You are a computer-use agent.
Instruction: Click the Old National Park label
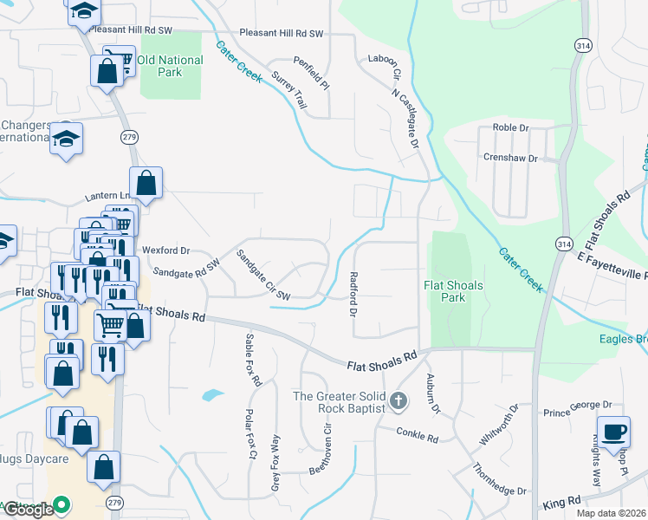click(170, 66)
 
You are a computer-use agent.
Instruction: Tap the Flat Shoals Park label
click(452, 291)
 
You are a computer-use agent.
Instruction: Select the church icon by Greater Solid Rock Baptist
click(399, 400)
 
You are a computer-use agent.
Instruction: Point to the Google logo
click(27, 510)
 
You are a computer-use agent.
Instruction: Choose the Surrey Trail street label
click(288, 89)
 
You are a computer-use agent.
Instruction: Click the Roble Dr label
click(510, 127)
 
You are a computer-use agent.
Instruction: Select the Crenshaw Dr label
click(510, 159)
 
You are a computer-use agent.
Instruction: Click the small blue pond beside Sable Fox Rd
click(213, 395)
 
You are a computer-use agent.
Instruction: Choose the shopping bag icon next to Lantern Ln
click(146, 183)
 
